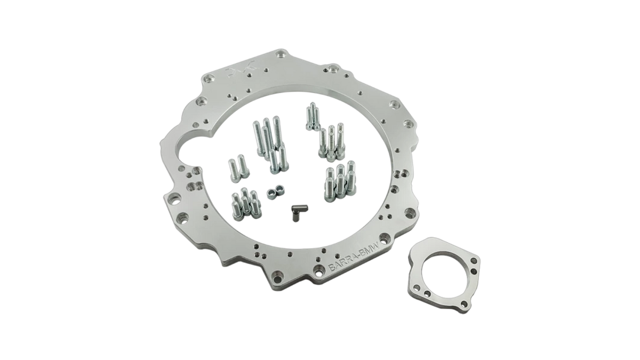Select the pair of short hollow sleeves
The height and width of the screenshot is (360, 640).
pyautogui.click(x=274, y=191)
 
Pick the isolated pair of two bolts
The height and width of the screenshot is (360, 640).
pyautogui.click(x=237, y=167)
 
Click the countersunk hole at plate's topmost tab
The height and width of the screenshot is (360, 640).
pyautogui.click(x=282, y=55)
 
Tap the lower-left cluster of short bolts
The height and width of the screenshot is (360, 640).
pyautogui.click(x=244, y=203)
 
